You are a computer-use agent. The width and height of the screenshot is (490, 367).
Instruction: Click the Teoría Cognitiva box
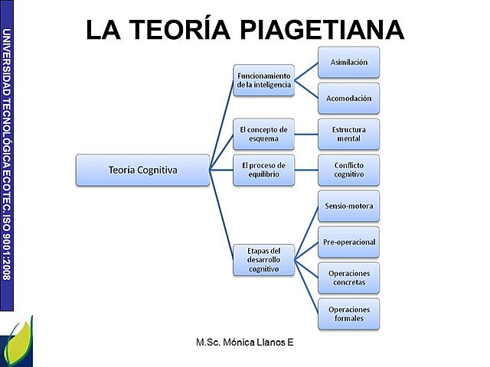coord(142,170)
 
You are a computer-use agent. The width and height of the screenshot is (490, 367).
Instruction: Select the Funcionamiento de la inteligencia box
coord(264,80)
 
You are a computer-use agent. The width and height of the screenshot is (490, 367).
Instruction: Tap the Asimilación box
coord(348,62)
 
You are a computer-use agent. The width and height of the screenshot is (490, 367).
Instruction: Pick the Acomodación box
coord(348,99)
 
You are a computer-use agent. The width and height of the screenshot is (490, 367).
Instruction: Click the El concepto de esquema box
coord(264,135)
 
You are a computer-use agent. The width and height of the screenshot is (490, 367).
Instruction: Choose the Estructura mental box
coord(348,135)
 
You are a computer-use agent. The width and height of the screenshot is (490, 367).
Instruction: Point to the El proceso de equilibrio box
coord(264,170)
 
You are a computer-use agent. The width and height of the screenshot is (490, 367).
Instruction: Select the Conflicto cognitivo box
coord(348,170)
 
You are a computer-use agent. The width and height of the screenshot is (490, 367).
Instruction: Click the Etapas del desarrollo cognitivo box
coord(264,260)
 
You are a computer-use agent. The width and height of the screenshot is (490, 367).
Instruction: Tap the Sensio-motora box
coord(348,206)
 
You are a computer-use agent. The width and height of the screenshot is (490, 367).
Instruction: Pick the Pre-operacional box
coord(348,242)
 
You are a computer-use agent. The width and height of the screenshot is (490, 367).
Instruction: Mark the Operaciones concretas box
coord(348,278)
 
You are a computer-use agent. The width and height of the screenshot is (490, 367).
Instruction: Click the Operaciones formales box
coord(348,313)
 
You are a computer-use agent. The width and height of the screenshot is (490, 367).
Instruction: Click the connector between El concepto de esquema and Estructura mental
coord(306,135)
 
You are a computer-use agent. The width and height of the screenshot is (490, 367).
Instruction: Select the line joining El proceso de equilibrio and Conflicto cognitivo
coord(306,170)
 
